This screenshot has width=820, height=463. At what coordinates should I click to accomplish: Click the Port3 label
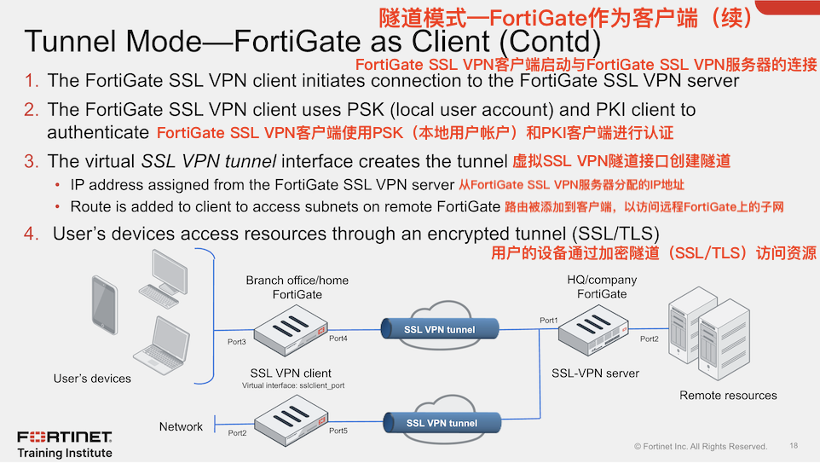pos(237,342)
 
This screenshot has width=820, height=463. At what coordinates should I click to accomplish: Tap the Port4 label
pos(338,339)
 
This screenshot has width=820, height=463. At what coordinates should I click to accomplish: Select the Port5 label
pos(338,431)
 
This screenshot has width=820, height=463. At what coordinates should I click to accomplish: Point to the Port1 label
pos(549,321)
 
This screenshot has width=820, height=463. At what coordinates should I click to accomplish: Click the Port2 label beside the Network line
pos(237,433)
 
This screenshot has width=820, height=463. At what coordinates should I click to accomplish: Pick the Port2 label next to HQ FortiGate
pos(650,339)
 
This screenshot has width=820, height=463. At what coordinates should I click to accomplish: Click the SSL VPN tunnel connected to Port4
pos(439,329)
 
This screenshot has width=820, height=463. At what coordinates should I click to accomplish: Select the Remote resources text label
pos(728,396)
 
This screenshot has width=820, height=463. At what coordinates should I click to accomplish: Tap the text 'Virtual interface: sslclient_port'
pos(292,385)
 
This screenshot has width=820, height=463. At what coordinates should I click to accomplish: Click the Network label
pos(181,426)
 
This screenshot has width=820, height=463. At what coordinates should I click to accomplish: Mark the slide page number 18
pos(794,446)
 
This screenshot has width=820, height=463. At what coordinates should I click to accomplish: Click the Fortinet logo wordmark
pos(65,437)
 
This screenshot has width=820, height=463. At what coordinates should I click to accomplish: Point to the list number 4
pos(31,233)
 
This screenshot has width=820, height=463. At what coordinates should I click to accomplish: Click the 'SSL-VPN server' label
pos(595,373)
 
